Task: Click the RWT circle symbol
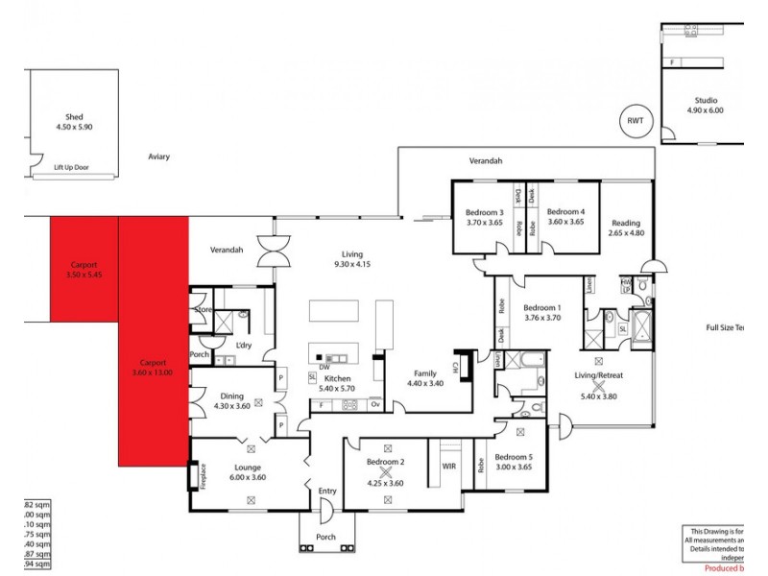click(636, 120)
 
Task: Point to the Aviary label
click(159, 156)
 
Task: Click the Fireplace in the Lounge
click(204, 474)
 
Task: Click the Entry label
click(327, 492)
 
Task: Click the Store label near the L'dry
click(203, 310)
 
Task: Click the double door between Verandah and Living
click(272, 251)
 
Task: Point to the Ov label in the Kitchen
click(375, 405)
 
